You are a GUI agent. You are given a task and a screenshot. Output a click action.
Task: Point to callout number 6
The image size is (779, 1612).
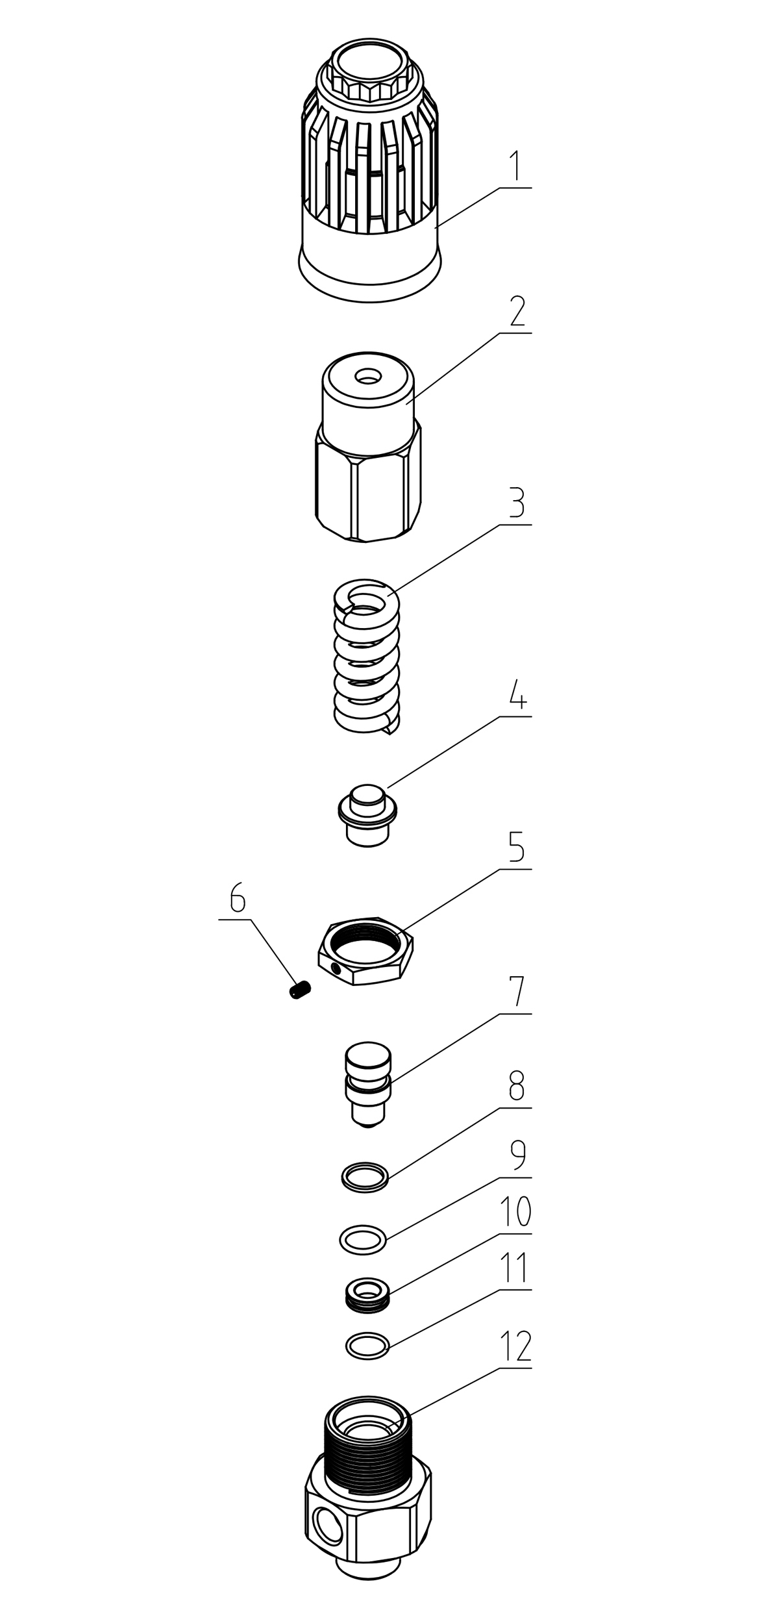click(238, 899)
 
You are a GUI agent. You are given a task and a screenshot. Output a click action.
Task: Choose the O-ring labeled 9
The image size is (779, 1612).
click(363, 1239)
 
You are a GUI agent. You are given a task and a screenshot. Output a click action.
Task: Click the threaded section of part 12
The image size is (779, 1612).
click(367, 1455)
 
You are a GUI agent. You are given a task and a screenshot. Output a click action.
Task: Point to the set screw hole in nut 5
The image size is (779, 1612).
click(335, 970)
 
